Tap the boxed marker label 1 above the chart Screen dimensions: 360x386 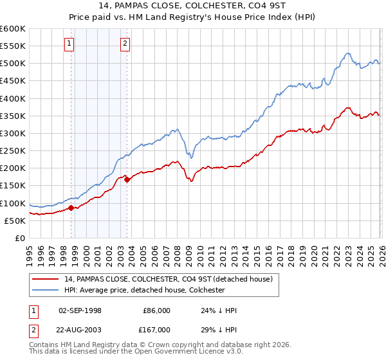point(69,44)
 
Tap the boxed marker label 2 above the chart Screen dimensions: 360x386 point(125,44)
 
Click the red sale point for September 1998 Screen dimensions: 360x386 point(71,208)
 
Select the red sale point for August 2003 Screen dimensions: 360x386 point(127,179)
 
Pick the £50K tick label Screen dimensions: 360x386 point(15,221)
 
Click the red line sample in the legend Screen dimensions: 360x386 point(46,279)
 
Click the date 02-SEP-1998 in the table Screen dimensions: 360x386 point(80,310)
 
